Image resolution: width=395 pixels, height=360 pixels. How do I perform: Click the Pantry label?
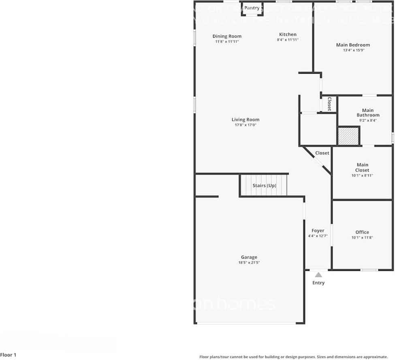pyautogui.click(x=252, y=8)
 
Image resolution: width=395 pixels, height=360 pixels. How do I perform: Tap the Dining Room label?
pyautogui.click(x=227, y=36)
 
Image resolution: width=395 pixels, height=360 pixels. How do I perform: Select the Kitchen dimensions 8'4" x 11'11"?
pyautogui.click(x=288, y=40)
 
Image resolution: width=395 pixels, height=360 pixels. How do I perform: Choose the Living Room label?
pyautogui.click(x=246, y=119)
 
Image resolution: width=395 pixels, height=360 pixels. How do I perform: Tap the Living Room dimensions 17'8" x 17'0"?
pyautogui.click(x=246, y=125)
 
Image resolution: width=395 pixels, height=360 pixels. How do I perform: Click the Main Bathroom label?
pyautogui.click(x=368, y=113)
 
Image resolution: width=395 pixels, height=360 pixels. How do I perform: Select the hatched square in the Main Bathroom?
pyautogui.click(x=348, y=136)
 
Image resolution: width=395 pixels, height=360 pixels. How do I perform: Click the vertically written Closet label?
pyautogui.click(x=329, y=104)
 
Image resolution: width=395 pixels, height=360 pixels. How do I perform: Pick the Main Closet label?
pyautogui.click(x=362, y=167)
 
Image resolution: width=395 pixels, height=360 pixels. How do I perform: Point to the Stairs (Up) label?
pyautogui.click(x=264, y=185)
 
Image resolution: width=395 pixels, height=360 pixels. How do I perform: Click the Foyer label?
pyautogui.click(x=318, y=230)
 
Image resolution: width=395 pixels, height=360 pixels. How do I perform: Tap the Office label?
pyautogui.click(x=362, y=232)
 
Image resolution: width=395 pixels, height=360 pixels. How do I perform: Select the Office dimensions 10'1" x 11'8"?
pyautogui.click(x=362, y=237)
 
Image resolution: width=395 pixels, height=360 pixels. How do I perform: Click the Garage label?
pyautogui.click(x=249, y=257)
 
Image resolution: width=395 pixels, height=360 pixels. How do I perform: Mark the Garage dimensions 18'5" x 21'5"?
pyautogui.click(x=249, y=262)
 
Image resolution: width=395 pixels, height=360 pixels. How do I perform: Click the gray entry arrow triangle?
pyautogui.click(x=318, y=275)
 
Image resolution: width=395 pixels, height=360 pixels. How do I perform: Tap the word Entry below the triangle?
pyautogui.click(x=318, y=283)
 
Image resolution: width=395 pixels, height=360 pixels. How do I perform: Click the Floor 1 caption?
pyautogui.click(x=9, y=355)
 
